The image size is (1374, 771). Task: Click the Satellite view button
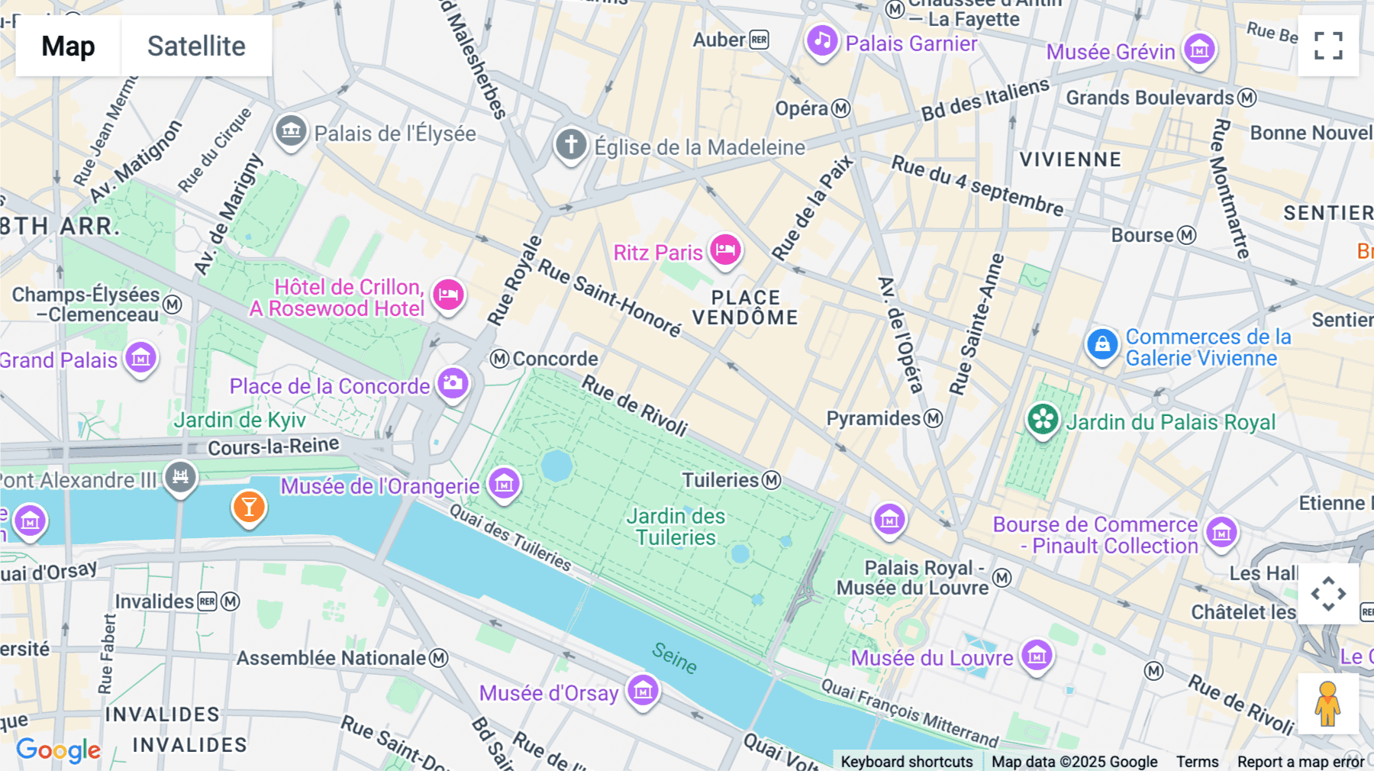click(x=196, y=46)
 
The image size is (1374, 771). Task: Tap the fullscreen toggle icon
click(x=1328, y=46)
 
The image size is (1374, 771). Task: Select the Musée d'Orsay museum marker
click(x=643, y=691)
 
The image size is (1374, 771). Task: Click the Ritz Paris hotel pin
click(x=725, y=250)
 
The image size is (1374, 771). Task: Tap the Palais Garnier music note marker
click(x=822, y=40)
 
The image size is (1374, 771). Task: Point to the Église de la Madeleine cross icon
click(x=571, y=144)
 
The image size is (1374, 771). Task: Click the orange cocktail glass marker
click(x=249, y=506)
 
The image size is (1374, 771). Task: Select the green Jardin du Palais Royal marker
click(x=1043, y=419)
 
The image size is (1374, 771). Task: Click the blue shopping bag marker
click(x=1102, y=344)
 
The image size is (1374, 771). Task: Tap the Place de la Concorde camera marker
click(x=453, y=382)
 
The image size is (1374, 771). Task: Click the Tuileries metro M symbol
click(x=772, y=480)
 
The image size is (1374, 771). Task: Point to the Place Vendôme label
click(x=745, y=308)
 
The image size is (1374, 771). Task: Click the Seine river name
click(x=674, y=657)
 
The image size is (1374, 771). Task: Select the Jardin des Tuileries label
click(x=676, y=527)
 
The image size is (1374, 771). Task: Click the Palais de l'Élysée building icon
click(x=291, y=131)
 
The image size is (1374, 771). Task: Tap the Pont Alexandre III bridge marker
click(x=180, y=477)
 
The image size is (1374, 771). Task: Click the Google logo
click(x=58, y=750)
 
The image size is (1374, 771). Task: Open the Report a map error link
click(x=1300, y=761)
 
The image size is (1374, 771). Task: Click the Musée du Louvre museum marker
click(x=1037, y=655)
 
